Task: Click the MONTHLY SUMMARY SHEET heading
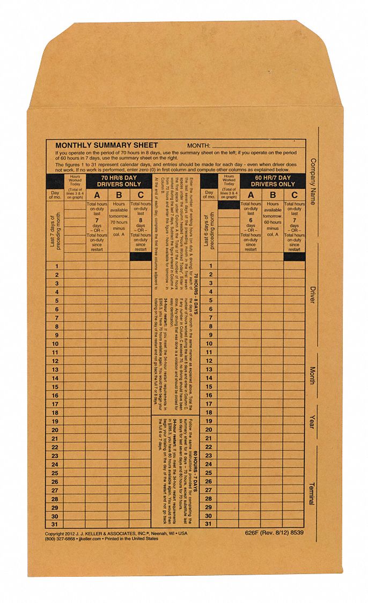tap(106, 145)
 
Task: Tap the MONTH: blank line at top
tap(257, 146)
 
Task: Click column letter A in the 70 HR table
tap(97, 195)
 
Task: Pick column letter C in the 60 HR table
tap(295, 195)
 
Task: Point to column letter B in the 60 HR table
tap(273, 195)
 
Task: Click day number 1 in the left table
tap(55, 266)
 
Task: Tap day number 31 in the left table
tap(55, 524)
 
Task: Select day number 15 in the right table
tap(210, 386)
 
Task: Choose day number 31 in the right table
tap(210, 524)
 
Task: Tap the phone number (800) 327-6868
tap(61, 540)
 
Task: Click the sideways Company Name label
tap(312, 182)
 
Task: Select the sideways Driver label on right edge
tap(312, 295)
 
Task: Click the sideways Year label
tap(312, 423)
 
